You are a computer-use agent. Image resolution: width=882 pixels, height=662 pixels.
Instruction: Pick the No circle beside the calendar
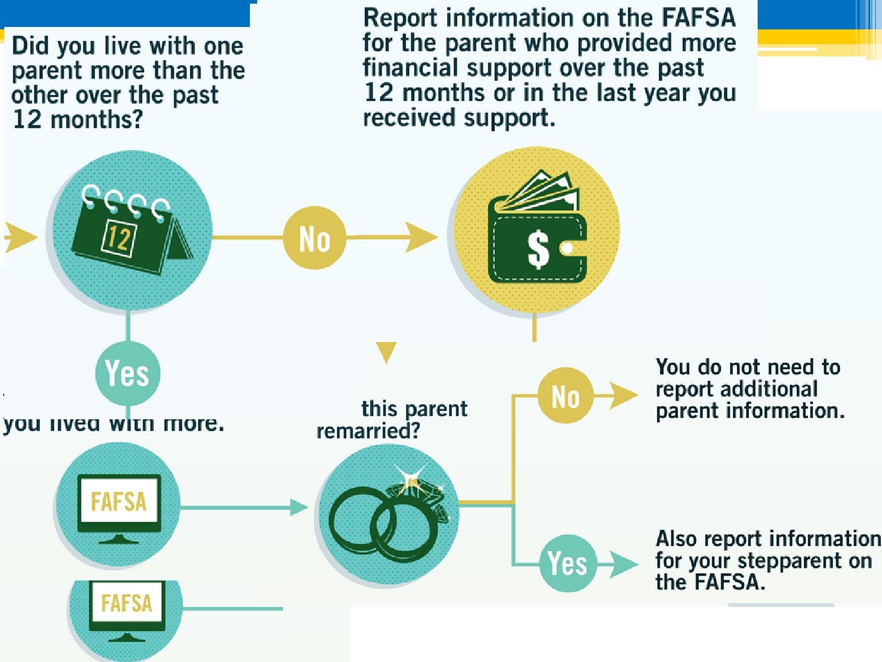314,238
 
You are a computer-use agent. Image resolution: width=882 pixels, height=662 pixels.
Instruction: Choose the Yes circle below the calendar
127,373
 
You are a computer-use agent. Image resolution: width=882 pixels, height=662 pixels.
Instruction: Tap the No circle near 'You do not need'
565,396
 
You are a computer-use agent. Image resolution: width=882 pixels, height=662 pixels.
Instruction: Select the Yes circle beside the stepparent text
567,563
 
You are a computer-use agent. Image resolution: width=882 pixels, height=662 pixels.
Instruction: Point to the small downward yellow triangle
386,351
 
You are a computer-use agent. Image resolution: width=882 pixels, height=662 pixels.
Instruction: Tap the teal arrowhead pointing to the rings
299,508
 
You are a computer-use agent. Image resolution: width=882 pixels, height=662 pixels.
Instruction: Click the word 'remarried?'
368,431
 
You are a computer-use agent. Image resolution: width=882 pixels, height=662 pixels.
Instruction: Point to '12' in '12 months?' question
27,119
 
